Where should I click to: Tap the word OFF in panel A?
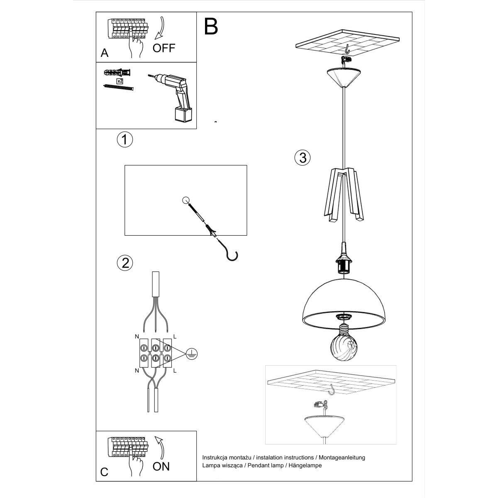point(164,48)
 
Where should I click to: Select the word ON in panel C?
point(161,466)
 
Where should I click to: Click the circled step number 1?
point(124,139)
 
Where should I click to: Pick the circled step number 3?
point(303,157)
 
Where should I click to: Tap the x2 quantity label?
point(120,81)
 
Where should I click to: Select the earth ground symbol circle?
point(191,353)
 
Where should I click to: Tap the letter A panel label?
point(105,53)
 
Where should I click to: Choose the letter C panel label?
point(104,472)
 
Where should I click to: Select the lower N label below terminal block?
point(137,371)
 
